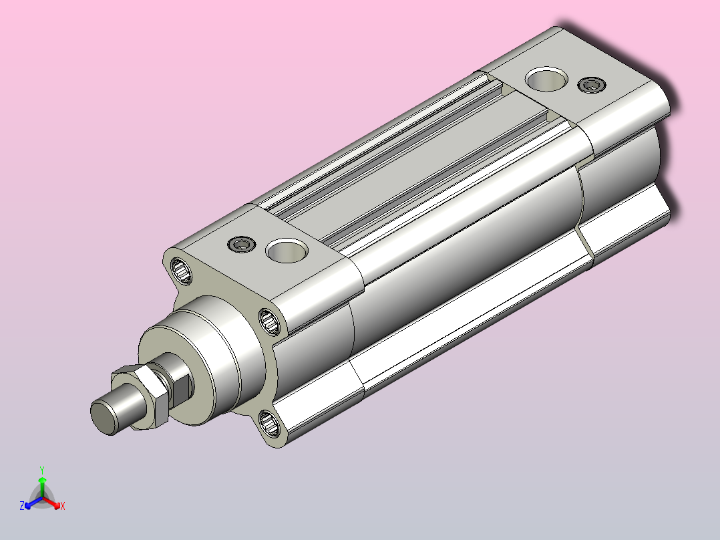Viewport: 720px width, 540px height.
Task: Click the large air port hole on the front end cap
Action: pos(287,251)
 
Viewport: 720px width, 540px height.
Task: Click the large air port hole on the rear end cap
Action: pos(546,79)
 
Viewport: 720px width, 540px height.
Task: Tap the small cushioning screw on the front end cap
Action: pos(242,243)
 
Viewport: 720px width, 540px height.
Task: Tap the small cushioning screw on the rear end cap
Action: pos(592,85)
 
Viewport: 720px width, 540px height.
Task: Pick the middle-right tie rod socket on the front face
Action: pos(270,321)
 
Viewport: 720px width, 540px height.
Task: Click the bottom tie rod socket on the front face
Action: pos(269,423)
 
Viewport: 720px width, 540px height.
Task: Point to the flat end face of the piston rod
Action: pos(105,417)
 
